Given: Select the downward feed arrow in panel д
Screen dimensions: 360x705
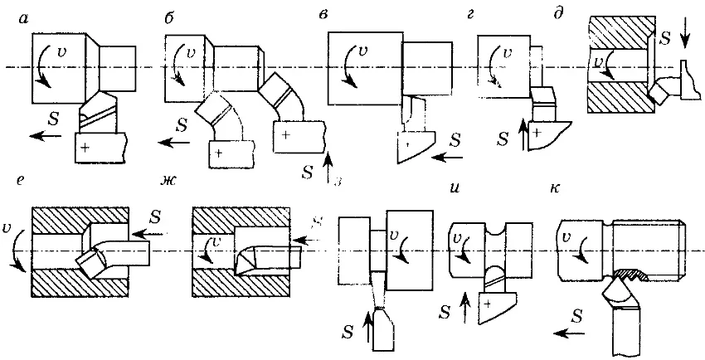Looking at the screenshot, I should click(684, 38).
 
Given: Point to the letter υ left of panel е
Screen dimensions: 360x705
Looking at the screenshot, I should click(9, 226).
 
